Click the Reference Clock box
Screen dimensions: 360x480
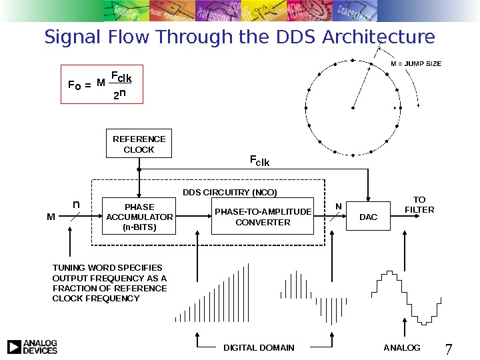[x=139, y=143]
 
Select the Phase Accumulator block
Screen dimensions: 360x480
[x=139, y=217]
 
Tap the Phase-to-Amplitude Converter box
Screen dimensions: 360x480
[x=263, y=217]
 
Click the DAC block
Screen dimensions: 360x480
[x=368, y=217]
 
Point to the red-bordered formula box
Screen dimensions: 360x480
[x=101, y=83]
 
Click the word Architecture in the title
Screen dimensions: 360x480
[x=379, y=37]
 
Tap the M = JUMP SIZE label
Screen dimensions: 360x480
[x=415, y=64]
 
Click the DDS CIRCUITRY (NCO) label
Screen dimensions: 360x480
[x=229, y=192]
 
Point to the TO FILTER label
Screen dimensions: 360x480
[x=419, y=205]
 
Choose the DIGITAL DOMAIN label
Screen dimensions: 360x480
[x=259, y=347]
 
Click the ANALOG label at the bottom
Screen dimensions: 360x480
[x=403, y=347]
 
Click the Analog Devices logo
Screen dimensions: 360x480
[x=32, y=347]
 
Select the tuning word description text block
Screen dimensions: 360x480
[x=110, y=283]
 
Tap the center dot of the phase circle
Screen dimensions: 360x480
[x=353, y=107]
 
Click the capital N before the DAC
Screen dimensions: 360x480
[x=337, y=206]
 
